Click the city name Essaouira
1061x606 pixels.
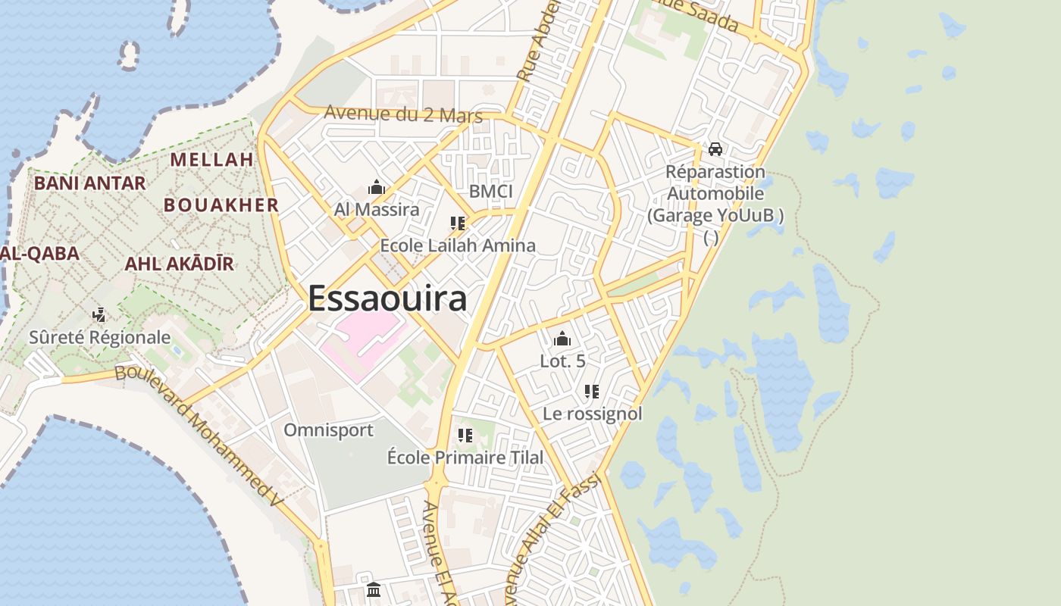click(387, 298)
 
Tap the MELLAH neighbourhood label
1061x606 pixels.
click(211, 160)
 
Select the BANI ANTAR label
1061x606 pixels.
click(89, 183)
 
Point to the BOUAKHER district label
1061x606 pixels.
click(221, 205)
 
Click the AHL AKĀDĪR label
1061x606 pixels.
click(179, 264)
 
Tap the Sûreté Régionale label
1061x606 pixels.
click(99, 337)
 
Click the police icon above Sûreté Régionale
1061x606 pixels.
click(99, 314)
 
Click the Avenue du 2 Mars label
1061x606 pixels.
click(403, 114)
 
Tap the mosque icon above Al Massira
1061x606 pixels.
click(377, 187)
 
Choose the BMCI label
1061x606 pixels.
click(491, 192)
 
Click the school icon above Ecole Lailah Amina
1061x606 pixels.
click(457, 223)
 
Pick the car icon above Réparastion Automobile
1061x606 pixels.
click(715, 149)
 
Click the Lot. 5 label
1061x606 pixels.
click(562, 361)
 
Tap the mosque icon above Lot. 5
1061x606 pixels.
click(562, 339)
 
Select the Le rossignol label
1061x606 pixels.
click(592, 414)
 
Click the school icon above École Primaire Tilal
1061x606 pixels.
click(465, 436)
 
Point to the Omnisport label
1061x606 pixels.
click(328, 430)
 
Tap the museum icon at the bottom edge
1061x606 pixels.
click(373, 589)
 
